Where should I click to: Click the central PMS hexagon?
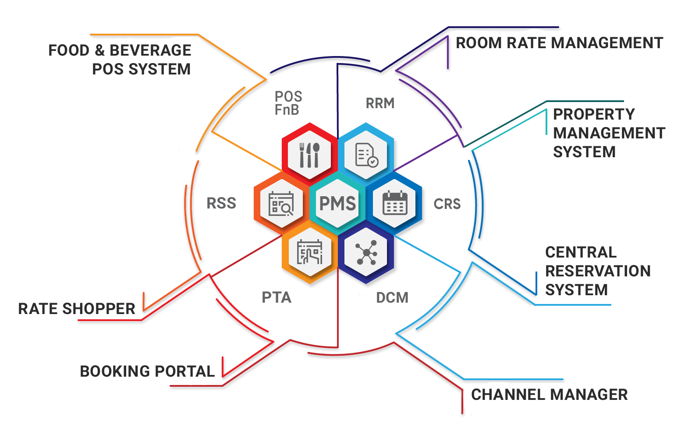pyautogui.click(x=337, y=203)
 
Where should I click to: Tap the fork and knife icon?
pyautogui.click(x=309, y=155)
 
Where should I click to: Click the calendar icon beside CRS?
pyautogui.click(x=395, y=203)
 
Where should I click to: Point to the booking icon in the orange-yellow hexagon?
pyautogui.click(x=309, y=253)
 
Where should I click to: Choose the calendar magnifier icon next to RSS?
pyautogui.click(x=281, y=204)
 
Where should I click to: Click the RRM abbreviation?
pyautogui.click(x=380, y=103)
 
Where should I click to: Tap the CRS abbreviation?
pyautogui.click(x=447, y=204)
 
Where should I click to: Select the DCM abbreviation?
pyautogui.click(x=392, y=298)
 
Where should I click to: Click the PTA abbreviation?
pyautogui.click(x=277, y=297)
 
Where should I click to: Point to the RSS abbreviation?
pyautogui.click(x=221, y=203)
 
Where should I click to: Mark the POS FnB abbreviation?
pyautogui.click(x=288, y=103)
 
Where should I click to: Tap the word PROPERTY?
pyautogui.click(x=594, y=114)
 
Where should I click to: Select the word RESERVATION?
pyautogui.click(x=598, y=271)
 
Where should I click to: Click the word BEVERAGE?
pyautogui.click(x=150, y=50)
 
